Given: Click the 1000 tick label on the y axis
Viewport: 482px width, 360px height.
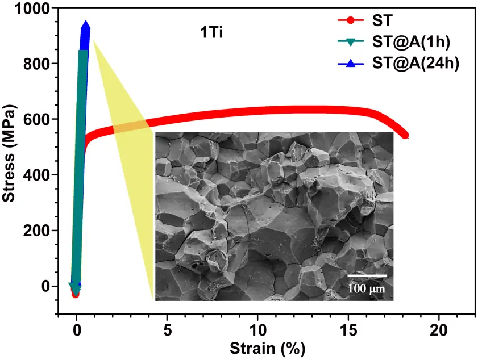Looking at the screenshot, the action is click(32, 9).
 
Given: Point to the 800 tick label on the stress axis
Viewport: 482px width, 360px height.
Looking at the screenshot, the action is click(36, 64).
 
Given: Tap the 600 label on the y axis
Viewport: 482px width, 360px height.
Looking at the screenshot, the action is click(36, 119).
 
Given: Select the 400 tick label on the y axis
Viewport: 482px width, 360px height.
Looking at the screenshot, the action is click(36, 175).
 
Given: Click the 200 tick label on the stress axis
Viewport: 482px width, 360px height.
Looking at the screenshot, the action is click(36, 231).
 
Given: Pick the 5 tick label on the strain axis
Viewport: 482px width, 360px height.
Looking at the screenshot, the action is click(167, 330).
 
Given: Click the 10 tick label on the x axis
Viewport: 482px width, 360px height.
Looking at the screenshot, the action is click(257, 330).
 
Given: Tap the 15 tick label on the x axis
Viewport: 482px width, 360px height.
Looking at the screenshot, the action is click(348, 330).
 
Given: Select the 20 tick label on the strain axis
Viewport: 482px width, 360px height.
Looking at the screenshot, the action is click(439, 330).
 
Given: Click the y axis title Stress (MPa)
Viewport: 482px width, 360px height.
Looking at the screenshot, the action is click(9, 153).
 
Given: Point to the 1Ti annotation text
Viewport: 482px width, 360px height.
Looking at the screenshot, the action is click(211, 32).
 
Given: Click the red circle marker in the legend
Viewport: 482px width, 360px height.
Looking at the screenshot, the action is click(351, 20).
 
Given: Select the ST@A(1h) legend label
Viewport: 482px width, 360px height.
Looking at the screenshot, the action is click(411, 42).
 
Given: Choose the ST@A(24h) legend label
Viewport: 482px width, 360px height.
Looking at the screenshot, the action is click(415, 63).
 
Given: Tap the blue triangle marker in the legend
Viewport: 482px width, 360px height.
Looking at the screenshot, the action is click(351, 63).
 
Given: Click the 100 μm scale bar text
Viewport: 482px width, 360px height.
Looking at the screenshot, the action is click(367, 288).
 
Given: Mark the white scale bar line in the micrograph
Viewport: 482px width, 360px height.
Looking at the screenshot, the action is click(367, 276).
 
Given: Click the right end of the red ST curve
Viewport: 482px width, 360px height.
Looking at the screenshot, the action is click(406, 136).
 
